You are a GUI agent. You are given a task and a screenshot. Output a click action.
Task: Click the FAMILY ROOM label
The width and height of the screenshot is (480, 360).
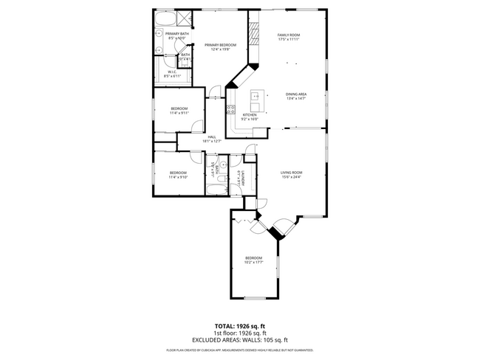pyautogui.click(x=289, y=35)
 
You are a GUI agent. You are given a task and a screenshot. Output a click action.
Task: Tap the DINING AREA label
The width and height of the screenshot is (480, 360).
pyautogui.click(x=296, y=94)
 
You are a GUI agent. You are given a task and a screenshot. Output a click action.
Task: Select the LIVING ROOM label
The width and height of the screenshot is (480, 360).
pyautogui.click(x=291, y=173)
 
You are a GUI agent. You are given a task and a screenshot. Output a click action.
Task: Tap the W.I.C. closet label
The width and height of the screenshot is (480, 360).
pyautogui.click(x=171, y=72)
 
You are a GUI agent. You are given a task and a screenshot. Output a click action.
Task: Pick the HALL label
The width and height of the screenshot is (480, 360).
pyautogui.click(x=211, y=137)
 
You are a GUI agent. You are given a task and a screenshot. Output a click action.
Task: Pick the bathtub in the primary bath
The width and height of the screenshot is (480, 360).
pyautogui.click(x=164, y=19)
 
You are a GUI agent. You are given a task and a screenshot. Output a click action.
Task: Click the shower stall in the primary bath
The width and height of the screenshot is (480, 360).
pyautogui.click(x=185, y=19)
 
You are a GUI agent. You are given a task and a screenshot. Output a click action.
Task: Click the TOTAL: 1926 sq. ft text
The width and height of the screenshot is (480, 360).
pyautogui.click(x=239, y=325)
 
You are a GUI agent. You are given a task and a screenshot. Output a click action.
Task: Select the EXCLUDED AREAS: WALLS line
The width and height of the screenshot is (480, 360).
pyautogui.click(x=239, y=340)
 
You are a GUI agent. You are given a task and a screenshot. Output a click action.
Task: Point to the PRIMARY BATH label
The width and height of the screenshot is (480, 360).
pyautogui.click(x=176, y=34)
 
